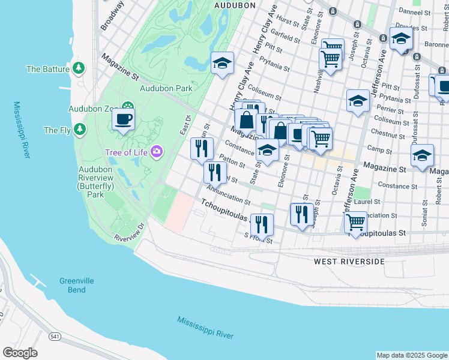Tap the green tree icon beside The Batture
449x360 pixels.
tap(78, 69)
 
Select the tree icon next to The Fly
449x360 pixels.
tap(79, 130)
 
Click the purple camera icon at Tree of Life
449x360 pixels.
tap(157, 152)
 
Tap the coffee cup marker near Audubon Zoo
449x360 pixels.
tap(124, 119)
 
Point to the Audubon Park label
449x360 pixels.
tap(166, 88)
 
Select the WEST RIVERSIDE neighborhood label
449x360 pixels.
tap(349, 262)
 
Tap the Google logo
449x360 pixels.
tap(20, 353)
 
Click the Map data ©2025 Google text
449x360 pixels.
tap(412, 355)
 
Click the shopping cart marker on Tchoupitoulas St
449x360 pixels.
tap(356, 221)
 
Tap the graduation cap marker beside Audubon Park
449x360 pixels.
tap(221, 63)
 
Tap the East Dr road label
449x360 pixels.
tap(184, 125)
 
